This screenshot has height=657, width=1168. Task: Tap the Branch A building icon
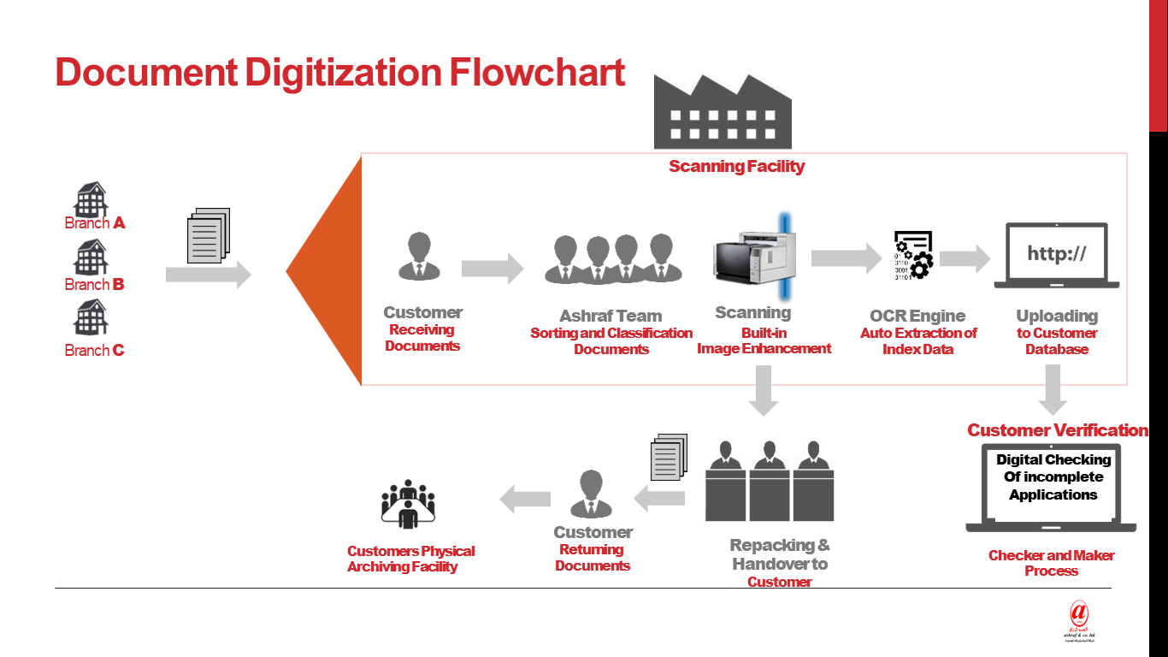point(91,200)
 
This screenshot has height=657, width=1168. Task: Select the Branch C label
point(94,350)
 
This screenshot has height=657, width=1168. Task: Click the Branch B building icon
point(91,258)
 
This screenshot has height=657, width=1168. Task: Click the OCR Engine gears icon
point(913,255)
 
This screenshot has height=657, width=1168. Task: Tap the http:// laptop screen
point(1056,254)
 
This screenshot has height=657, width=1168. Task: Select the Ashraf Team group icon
point(614,258)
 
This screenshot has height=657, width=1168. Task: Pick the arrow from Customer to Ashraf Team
point(492,269)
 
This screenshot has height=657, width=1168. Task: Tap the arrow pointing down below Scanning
point(762,391)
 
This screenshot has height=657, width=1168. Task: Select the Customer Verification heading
point(1057,430)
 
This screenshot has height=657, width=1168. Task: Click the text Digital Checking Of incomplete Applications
point(1053,477)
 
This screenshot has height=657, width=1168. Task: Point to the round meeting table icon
point(408,505)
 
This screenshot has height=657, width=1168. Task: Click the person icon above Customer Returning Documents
point(591,494)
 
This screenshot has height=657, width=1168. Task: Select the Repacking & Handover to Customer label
point(779,563)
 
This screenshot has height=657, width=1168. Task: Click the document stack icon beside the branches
point(209,235)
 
